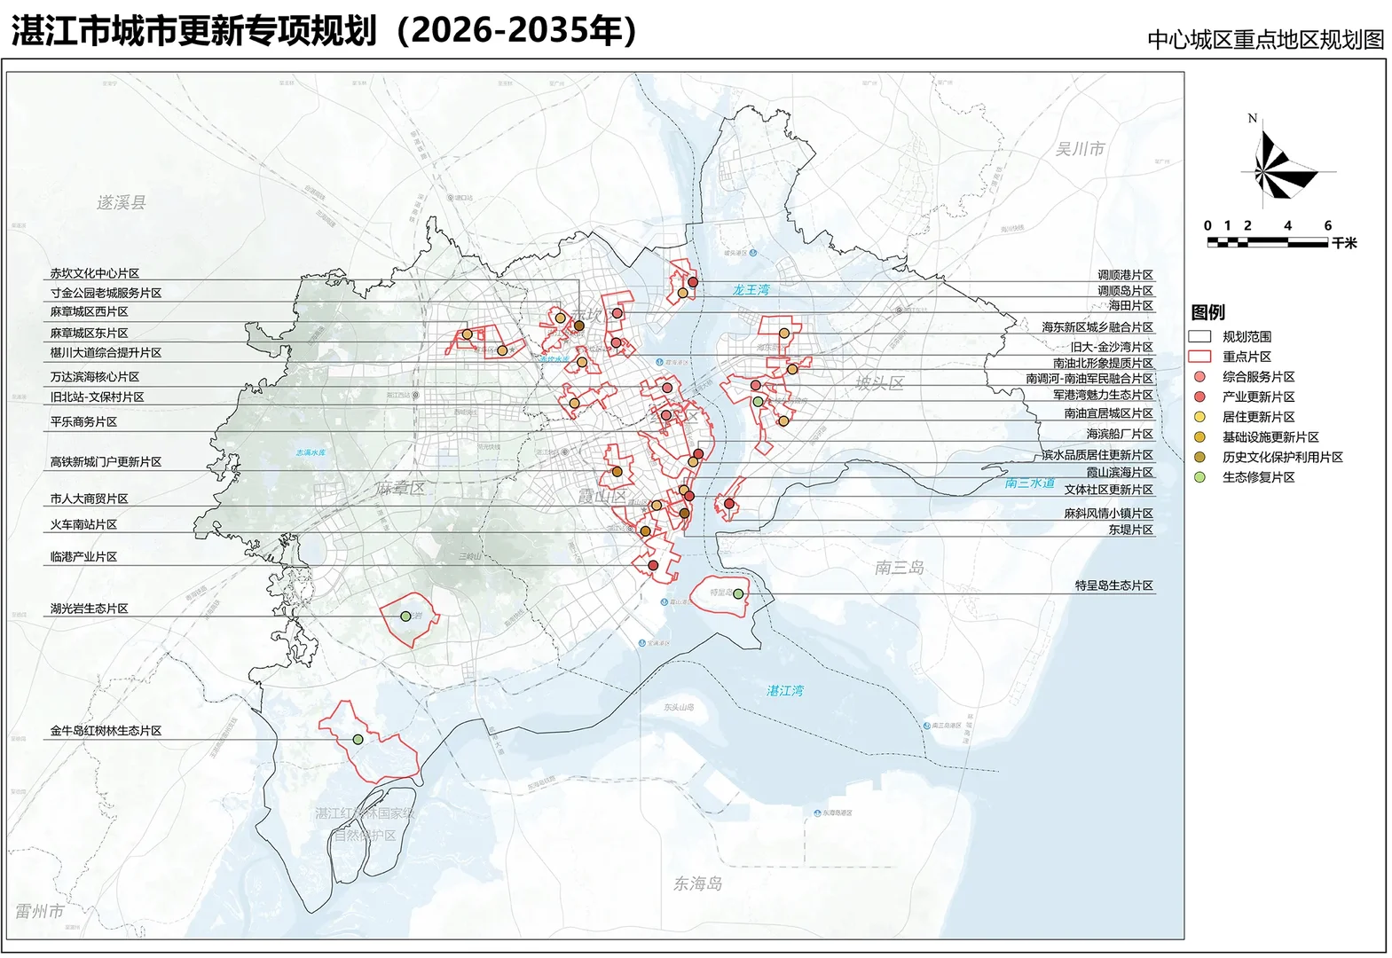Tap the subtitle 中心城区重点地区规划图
pyautogui.click(x=1265, y=40)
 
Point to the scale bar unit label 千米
pyautogui.click(x=1343, y=243)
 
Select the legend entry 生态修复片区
pyautogui.click(x=1258, y=477)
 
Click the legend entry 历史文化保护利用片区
pyautogui.click(x=1282, y=458)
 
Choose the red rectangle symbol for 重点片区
pyautogui.click(x=1199, y=357)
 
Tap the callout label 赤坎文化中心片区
pyautogui.click(x=95, y=274)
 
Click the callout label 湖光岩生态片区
pyautogui.click(x=90, y=609)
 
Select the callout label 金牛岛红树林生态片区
pyautogui.click(x=106, y=731)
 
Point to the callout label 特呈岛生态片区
pyautogui.click(x=1113, y=586)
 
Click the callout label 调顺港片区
pyautogui.click(x=1125, y=276)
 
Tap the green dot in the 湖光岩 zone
pyautogui.click(x=405, y=616)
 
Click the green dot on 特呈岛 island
pyautogui.click(x=738, y=593)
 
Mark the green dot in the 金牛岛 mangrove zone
pyautogui.click(x=358, y=740)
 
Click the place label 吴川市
pyautogui.click(x=1080, y=149)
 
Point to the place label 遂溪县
pyautogui.click(x=122, y=202)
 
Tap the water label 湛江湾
pyautogui.click(x=785, y=691)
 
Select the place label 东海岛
pyautogui.click(x=697, y=883)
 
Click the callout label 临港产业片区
pyautogui.click(x=84, y=557)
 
